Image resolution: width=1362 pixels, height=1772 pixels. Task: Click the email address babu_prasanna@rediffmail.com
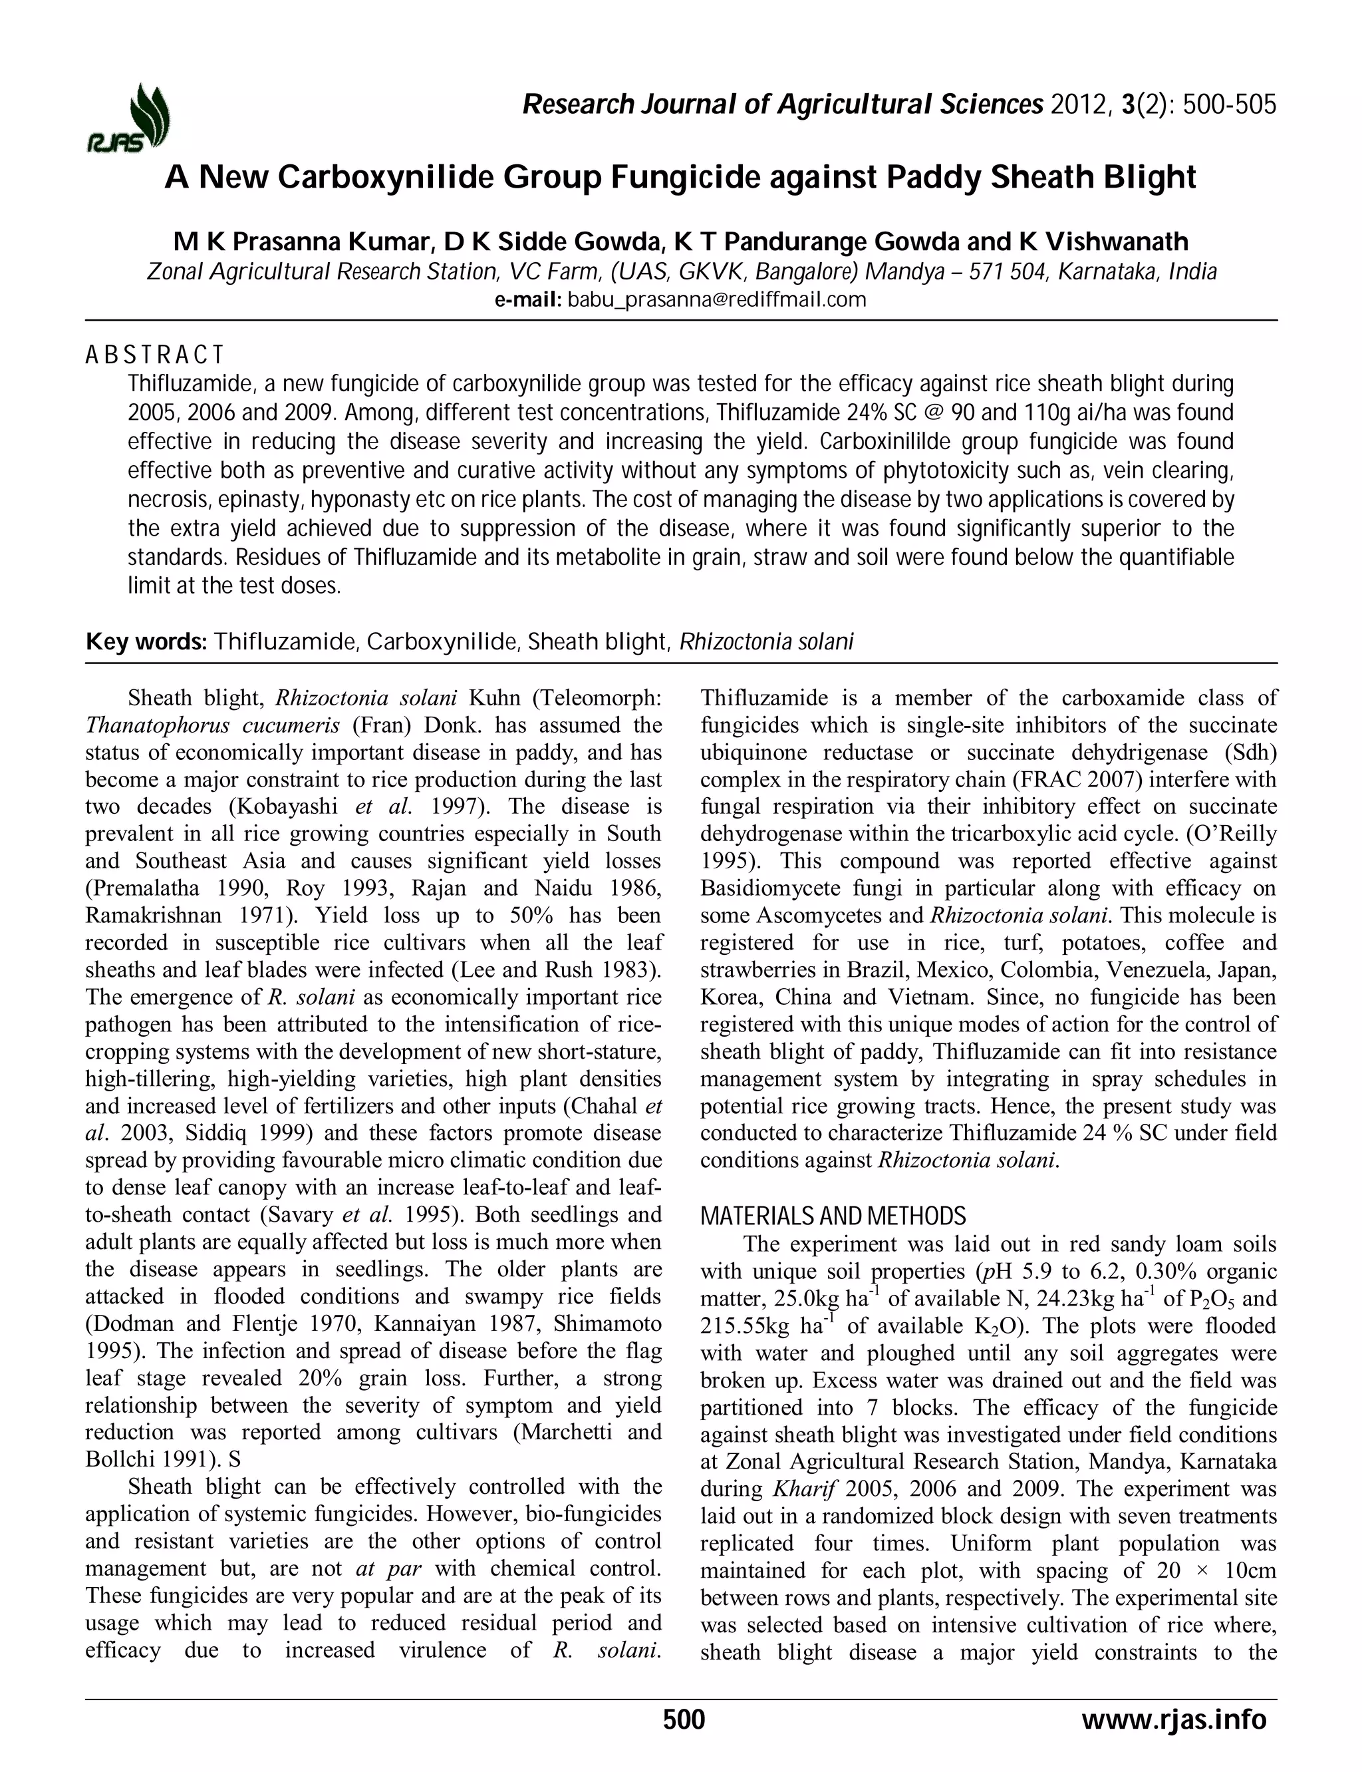(x=717, y=300)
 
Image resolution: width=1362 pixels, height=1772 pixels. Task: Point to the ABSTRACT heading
(x=154, y=355)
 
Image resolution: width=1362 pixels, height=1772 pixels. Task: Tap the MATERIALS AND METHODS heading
(x=833, y=1216)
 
